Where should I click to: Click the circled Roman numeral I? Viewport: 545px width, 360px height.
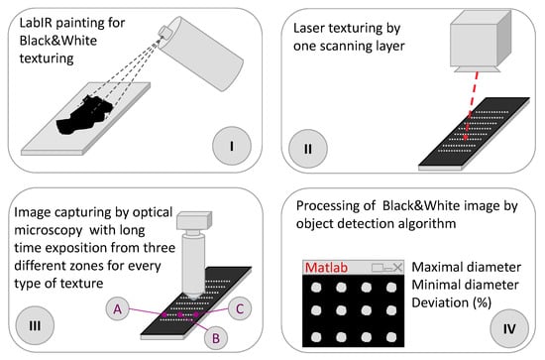[x=232, y=146]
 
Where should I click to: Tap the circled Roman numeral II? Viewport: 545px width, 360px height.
[x=307, y=149]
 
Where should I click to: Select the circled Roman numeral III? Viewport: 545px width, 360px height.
[x=35, y=325]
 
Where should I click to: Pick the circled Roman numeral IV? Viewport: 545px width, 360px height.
[x=509, y=328]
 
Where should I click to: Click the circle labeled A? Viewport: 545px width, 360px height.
[x=118, y=308]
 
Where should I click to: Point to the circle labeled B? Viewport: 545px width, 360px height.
[x=215, y=338]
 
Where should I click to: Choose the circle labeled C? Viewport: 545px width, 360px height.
[x=240, y=308]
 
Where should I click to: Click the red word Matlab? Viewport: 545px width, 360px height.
[x=326, y=268]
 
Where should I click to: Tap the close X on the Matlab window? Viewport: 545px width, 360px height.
[x=397, y=267]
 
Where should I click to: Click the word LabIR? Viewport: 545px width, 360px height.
[x=36, y=23]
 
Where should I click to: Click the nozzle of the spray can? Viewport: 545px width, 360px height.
[x=163, y=33]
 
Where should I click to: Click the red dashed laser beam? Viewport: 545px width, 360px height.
[x=472, y=105]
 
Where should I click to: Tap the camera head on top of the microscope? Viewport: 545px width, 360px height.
[x=194, y=221]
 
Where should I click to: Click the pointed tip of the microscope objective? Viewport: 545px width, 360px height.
[x=193, y=299]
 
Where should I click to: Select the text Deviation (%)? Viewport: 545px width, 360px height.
[x=451, y=302]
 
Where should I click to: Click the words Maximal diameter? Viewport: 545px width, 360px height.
[x=466, y=267]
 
